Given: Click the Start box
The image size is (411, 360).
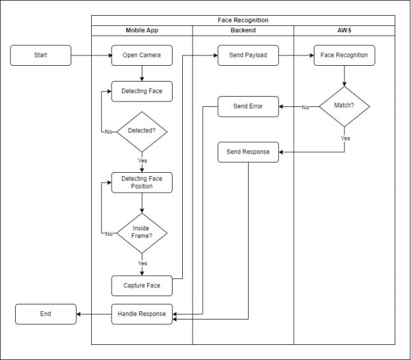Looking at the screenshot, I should pyautogui.click(x=40, y=55).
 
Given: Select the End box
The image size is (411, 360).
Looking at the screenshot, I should pyautogui.click(x=45, y=314).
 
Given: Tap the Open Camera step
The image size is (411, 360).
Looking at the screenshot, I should pyautogui.click(x=142, y=55).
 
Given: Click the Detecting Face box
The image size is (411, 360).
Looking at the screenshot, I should pyautogui.click(x=142, y=91).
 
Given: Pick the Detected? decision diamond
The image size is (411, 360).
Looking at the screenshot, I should pyautogui.click(x=142, y=130).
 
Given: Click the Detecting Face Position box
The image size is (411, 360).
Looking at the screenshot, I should pyautogui.click(x=142, y=182).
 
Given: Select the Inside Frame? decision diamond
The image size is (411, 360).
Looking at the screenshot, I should pyautogui.click(x=142, y=232).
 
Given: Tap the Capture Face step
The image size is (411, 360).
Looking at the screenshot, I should pyautogui.click(x=142, y=285).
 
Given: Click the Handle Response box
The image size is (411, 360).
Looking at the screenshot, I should pyautogui.click(x=142, y=314).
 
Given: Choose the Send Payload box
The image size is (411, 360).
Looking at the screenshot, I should pyautogui.click(x=248, y=55).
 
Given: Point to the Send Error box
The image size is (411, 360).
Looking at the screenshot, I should pyautogui.click(x=248, y=106).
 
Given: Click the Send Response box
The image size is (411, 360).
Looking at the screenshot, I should pyautogui.click(x=248, y=152).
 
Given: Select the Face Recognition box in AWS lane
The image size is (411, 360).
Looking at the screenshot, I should pyautogui.click(x=344, y=55).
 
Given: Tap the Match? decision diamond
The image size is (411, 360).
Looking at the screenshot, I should pyautogui.click(x=344, y=106).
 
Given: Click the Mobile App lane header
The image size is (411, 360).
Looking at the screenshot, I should pyautogui.click(x=142, y=31).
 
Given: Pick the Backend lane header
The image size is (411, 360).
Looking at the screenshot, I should pyautogui.click(x=243, y=31).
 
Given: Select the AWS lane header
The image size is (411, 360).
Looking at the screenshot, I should pyautogui.click(x=344, y=31).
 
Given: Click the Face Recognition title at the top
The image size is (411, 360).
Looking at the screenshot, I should pyautogui.click(x=243, y=21).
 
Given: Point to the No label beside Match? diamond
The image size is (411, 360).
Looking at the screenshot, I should pyautogui.click(x=306, y=107).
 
